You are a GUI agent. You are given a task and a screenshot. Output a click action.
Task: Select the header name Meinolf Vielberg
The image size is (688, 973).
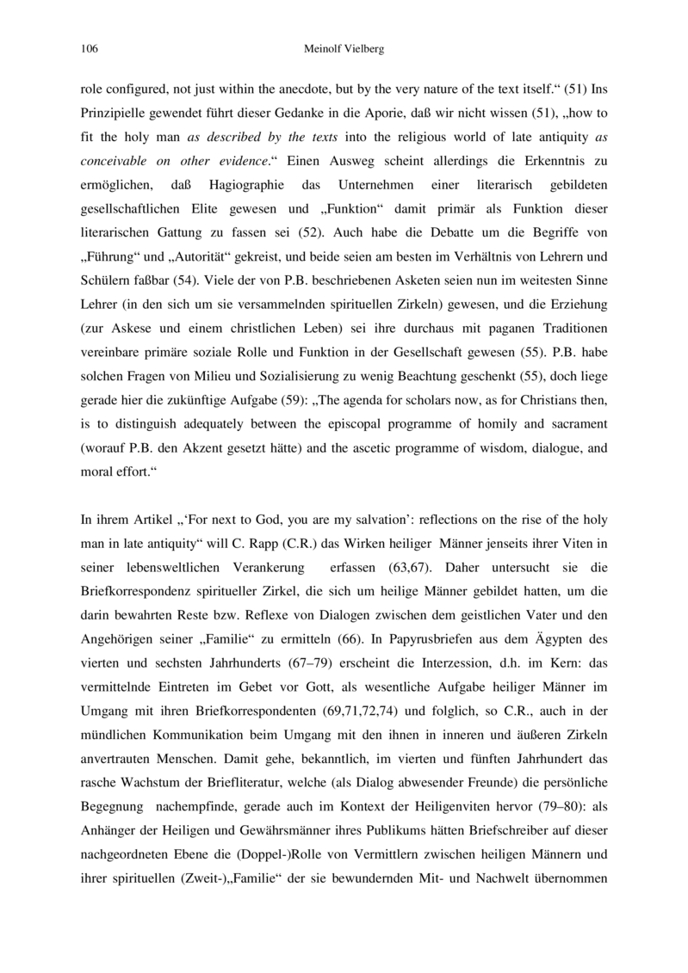pyautogui.click(x=343, y=49)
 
